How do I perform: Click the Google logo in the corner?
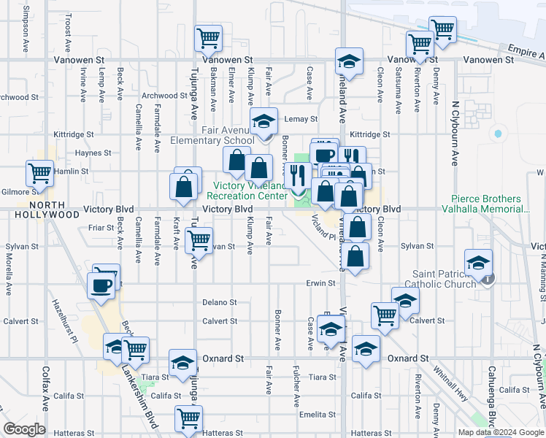point(25,429)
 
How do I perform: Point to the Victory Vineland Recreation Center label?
point(247,191)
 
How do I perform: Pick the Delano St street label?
point(220,302)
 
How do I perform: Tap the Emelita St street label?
point(316,415)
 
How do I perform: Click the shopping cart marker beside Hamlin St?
point(39,173)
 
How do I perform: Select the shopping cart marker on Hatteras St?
point(188,419)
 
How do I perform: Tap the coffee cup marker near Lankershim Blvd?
point(101,285)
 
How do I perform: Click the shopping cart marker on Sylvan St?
point(198,239)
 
